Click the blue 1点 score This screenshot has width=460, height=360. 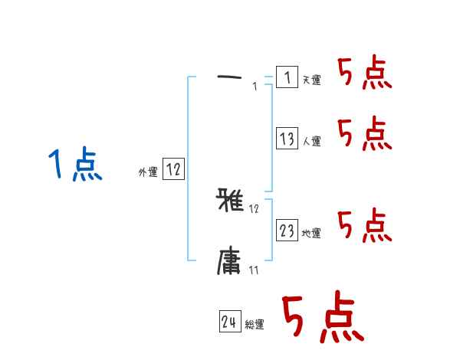(74, 165)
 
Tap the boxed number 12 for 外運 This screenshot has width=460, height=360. (173, 170)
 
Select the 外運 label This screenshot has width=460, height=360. (148, 172)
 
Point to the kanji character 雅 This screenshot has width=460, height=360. (231, 201)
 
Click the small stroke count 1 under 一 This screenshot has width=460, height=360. (254, 87)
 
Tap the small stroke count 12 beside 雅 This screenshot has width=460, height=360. (255, 208)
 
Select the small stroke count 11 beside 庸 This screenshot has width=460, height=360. (254, 270)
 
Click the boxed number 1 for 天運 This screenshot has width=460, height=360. (287, 77)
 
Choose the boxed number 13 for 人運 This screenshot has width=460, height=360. (287, 139)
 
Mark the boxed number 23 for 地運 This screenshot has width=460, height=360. (287, 231)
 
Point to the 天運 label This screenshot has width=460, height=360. (311, 80)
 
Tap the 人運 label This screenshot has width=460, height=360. (311, 142)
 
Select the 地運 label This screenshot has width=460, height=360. (311, 234)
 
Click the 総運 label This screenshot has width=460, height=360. (254, 326)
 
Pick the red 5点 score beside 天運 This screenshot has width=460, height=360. (364, 74)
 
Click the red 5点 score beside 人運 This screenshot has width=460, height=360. (364, 135)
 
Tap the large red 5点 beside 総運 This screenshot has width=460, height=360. (321, 318)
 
